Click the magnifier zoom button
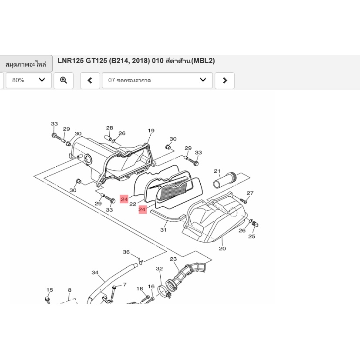(64, 81)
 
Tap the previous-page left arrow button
(90, 81)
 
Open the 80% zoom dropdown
(29, 80)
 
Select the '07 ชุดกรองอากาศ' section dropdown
(157, 80)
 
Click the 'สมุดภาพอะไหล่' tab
(26, 64)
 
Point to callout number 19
(151, 131)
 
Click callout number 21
(217, 171)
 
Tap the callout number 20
(222, 249)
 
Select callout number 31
(164, 229)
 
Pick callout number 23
(173, 259)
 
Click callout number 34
(95, 273)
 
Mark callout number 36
(126, 252)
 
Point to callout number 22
(133, 204)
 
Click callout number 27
(250, 193)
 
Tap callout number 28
(110, 128)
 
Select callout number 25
(252, 236)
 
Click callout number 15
(50, 290)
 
